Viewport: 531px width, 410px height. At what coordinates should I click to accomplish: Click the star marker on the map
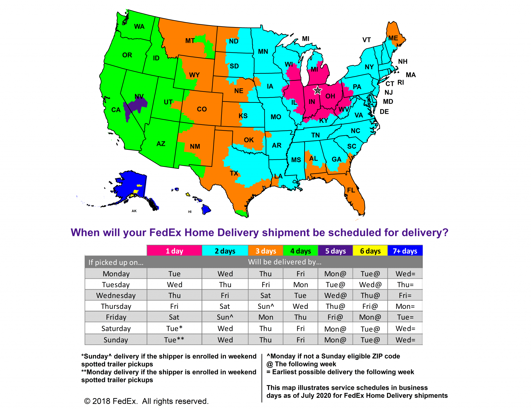317,90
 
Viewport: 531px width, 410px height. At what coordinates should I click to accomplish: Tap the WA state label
139,27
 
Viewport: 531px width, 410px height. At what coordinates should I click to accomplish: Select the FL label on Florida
351,190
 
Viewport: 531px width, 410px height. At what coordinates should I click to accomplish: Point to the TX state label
234,173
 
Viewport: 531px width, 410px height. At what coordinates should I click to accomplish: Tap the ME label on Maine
393,38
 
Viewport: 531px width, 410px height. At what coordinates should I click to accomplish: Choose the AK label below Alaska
134,211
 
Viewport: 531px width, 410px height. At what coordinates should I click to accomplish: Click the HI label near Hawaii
190,212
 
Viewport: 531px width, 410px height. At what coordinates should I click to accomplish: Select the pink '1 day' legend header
174,251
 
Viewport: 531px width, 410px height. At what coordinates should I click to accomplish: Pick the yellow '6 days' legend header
370,251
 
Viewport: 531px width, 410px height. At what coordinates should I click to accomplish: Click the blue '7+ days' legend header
405,251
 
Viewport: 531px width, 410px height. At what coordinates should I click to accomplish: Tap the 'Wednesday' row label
116,295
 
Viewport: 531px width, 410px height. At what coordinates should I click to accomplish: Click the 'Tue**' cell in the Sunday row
174,340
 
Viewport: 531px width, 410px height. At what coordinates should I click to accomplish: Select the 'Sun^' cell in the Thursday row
265,306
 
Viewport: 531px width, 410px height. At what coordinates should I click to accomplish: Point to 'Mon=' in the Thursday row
405,306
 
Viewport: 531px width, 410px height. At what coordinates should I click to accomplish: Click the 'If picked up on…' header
116,262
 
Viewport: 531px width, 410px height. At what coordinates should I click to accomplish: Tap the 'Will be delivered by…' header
285,262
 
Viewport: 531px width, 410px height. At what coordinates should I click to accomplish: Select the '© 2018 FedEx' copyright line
146,401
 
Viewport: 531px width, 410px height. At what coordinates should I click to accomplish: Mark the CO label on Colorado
202,109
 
